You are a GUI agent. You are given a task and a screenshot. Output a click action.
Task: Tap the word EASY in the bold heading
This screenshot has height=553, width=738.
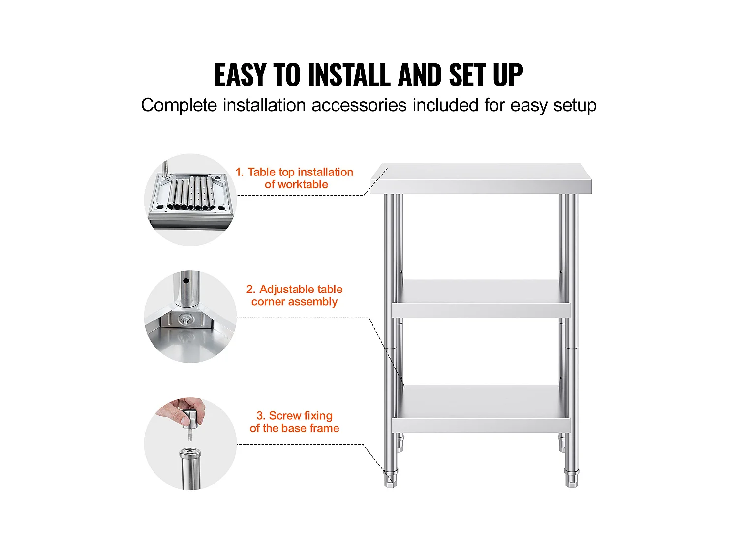tap(240, 75)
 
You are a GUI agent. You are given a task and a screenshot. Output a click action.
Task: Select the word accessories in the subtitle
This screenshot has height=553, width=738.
tap(359, 105)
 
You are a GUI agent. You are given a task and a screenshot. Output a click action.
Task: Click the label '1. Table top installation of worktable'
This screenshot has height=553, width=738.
tap(294, 178)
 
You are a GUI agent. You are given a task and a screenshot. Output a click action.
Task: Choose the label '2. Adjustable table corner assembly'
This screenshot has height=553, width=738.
tap(294, 295)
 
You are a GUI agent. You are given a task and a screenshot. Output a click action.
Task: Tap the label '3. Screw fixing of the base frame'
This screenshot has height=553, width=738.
tap(294, 422)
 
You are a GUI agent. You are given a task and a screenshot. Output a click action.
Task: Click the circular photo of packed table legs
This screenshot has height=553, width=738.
tap(190, 200)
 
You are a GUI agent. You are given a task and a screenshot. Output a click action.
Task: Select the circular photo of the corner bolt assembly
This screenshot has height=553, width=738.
tap(190, 317)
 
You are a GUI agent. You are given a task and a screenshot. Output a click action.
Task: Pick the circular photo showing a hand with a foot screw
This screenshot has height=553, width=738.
tap(190, 443)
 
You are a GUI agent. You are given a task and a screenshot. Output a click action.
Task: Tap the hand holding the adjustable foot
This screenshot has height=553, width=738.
tap(182, 412)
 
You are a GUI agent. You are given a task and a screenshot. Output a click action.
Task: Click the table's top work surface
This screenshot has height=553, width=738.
tap(481, 178)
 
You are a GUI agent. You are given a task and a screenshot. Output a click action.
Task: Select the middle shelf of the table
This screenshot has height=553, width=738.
tap(481, 298)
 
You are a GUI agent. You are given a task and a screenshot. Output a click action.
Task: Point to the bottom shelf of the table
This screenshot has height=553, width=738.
tap(481, 408)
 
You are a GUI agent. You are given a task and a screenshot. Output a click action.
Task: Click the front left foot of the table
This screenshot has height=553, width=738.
tap(390, 478)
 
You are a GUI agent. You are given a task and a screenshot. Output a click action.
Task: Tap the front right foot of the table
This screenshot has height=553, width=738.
tap(572, 478)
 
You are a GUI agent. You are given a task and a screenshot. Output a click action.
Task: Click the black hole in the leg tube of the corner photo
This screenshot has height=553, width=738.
tap(186, 281)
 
